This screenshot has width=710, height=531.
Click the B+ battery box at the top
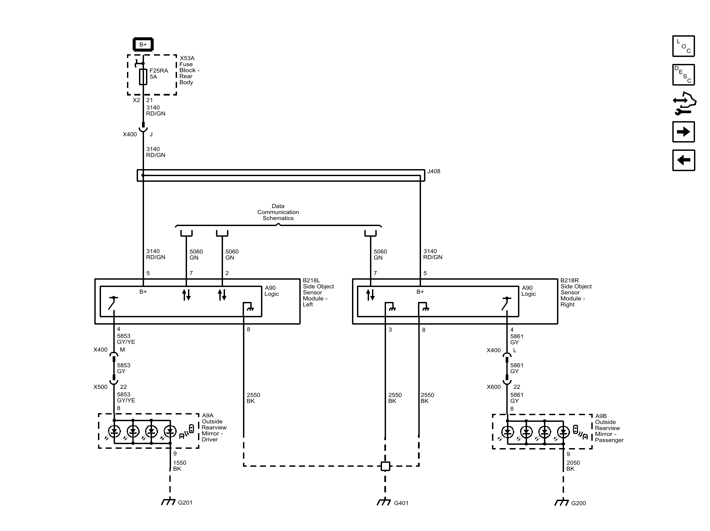(143, 44)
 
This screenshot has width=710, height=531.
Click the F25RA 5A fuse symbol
(143, 77)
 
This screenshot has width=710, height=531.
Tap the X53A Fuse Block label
(189, 70)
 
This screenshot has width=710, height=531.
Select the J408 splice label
(434, 171)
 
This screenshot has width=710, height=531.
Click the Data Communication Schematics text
(278, 212)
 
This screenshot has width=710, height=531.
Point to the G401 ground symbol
(384, 502)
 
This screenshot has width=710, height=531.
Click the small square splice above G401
(385, 466)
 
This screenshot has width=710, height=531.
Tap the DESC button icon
(683, 75)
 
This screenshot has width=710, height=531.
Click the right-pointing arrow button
(683, 132)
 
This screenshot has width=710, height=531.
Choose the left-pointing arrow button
(683, 160)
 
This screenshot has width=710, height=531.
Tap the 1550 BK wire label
(179, 465)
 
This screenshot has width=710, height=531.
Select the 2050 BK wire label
(573, 465)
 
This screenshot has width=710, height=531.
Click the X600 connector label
(493, 387)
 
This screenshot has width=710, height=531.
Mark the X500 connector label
(100, 387)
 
